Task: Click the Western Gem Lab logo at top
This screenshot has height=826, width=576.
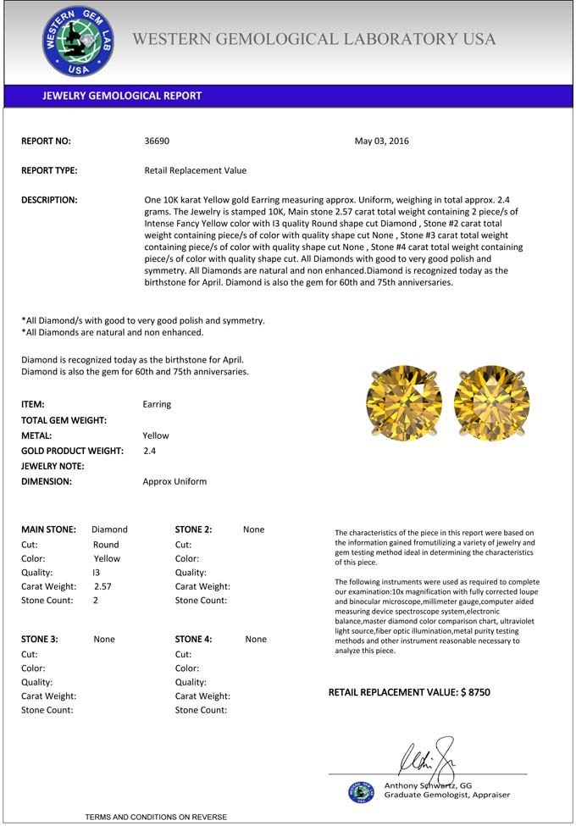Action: (79, 42)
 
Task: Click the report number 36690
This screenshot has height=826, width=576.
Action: (158, 141)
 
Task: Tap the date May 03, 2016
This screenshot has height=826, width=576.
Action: (381, 141)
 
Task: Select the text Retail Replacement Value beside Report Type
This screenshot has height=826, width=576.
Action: (196, 170)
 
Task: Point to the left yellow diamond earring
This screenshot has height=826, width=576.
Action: (404, 403)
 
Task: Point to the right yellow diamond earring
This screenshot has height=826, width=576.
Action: (492, 403)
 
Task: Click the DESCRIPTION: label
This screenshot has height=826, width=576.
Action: (49, 200)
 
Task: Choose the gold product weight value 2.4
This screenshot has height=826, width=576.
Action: (150, 451)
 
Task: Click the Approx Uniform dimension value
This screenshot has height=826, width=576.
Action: (174, 481)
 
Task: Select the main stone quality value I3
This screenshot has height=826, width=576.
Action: (97, 573)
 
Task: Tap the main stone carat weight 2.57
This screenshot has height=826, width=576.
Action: (102, 586)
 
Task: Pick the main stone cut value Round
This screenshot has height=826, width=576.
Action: (106, 545)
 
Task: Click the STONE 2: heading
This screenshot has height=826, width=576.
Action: (194, 529)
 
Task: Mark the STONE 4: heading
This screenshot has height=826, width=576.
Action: (194, 640)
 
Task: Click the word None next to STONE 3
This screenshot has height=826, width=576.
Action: (104, 640)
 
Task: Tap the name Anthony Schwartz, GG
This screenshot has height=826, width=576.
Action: (429, 785)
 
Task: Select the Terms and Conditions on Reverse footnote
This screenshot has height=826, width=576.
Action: (156, 817)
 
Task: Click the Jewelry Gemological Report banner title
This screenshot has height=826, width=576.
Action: (122, 96)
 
